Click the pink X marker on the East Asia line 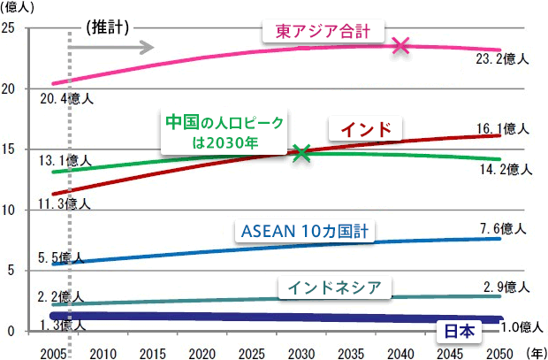click(401, 45)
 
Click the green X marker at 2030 click(301, 153)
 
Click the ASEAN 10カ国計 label click(304, 232)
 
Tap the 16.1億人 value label click(502, 128)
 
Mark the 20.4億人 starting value click(65, 97)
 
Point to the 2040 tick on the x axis click(401, 351)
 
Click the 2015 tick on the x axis click(152, 351)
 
